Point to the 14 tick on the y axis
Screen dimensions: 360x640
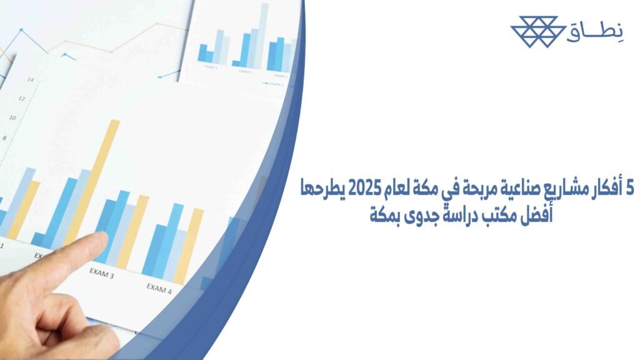pyautogui.click(x=30, y=79)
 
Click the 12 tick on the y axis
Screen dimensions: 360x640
pyautogui.click(x=22, y=98)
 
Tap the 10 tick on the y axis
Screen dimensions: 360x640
pyautogui.click(x=13, y=117)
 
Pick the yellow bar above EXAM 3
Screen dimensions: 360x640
pyautogui.click(x=134, y=231)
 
